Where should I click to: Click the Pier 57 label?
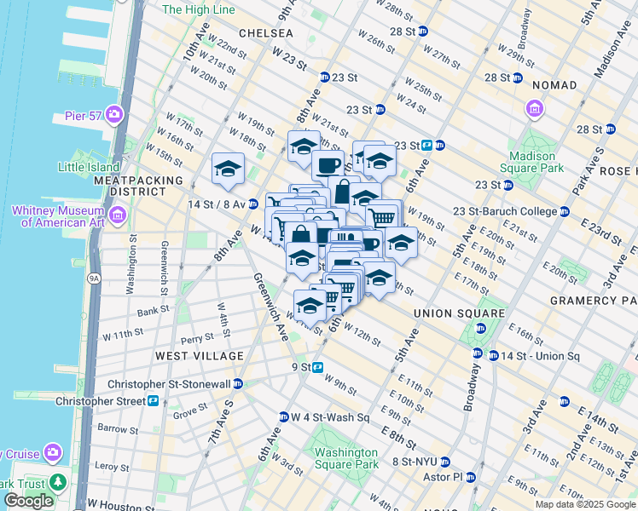click(84, 116)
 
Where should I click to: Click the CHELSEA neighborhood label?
click(265, 33)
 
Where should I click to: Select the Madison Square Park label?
click(538, 162)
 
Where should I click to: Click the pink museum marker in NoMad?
click(535, 109)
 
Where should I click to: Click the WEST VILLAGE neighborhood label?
click(188, 354)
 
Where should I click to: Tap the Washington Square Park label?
click(345, 458)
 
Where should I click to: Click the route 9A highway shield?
click(93, 278)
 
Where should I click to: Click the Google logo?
click(28, 501)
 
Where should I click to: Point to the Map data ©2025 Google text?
click(584, 504)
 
